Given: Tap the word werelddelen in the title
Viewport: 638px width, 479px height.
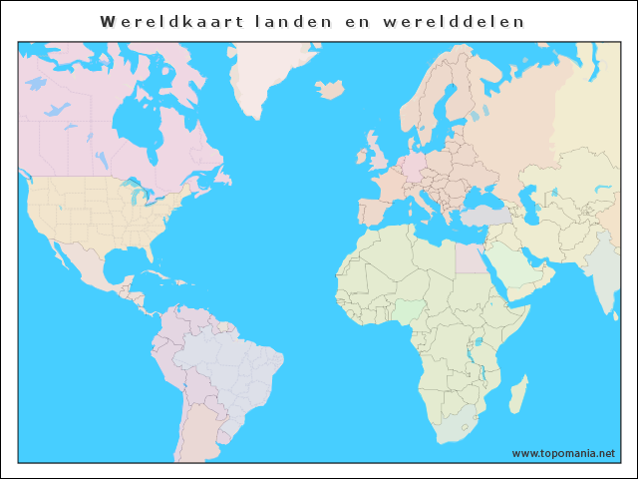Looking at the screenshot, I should point(471,21).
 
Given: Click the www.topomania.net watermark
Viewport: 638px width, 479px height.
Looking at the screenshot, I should point(563,453).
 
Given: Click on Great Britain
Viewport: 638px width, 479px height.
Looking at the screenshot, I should point(380,153).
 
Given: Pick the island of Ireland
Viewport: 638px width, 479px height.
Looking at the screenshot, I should point(362,156).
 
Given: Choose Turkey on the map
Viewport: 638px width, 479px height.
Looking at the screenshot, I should point(484,216).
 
